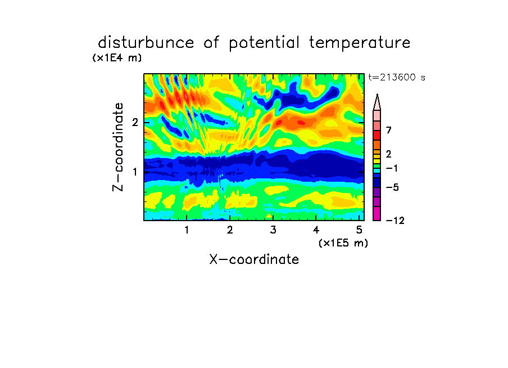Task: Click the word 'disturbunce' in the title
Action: [146, 43]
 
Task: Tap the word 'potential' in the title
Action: [264, 43]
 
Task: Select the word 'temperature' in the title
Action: [359, 43]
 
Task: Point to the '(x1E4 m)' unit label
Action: [117, 58]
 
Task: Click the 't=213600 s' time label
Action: [397, 77]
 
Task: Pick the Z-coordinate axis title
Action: [118, 147]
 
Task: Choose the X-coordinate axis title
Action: [254, 259]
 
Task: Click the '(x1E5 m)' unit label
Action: [343, 243]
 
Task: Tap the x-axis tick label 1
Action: [187, 230]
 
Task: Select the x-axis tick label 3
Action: [273, 230]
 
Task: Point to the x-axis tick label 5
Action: [359, 230]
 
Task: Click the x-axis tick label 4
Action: [316, 230]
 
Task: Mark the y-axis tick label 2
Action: [135, 123]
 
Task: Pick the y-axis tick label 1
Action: [135, 172]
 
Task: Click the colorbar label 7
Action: [389, 131]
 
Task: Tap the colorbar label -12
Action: [395, 221]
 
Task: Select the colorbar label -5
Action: [392, 187]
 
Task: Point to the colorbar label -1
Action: [392, 168]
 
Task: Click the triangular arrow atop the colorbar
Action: [377, 102]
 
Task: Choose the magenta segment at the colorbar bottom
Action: [377, 213]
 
